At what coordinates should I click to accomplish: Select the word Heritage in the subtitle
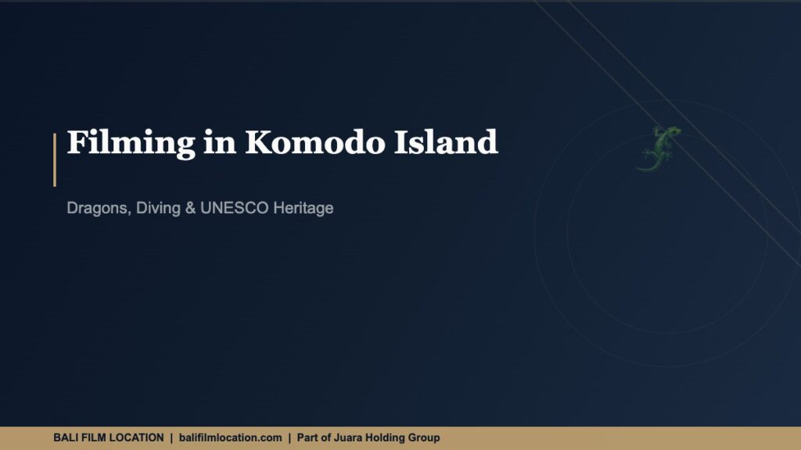pyautogui.click(x=303, y=209)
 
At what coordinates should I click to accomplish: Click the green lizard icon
pyautogui.click(x=658, y=148)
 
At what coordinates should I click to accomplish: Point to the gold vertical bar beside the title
pyautogui.click(x=55, y=159)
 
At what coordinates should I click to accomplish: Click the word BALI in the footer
pyautogui.click(x=66, y=438)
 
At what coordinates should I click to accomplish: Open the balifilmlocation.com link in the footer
pyautogui.click(x=230, y=438)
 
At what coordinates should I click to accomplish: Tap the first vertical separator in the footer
pyautogui.click(x=171, y=438)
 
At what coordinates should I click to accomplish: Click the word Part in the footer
pyautogui.click(x=307, y=438)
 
